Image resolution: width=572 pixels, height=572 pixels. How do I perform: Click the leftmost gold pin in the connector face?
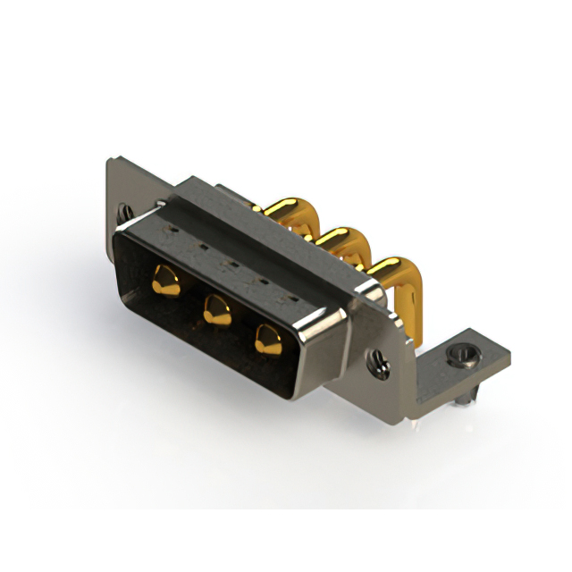(x=164, y=280)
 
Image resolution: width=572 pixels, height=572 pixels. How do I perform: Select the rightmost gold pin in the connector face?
(x=266, y=338)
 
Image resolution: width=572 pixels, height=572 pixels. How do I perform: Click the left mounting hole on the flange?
(x=126, y=213)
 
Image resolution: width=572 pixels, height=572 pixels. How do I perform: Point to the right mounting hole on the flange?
(x=380, y=360)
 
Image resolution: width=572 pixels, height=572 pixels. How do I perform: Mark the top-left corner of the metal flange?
(x=111, y=162)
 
